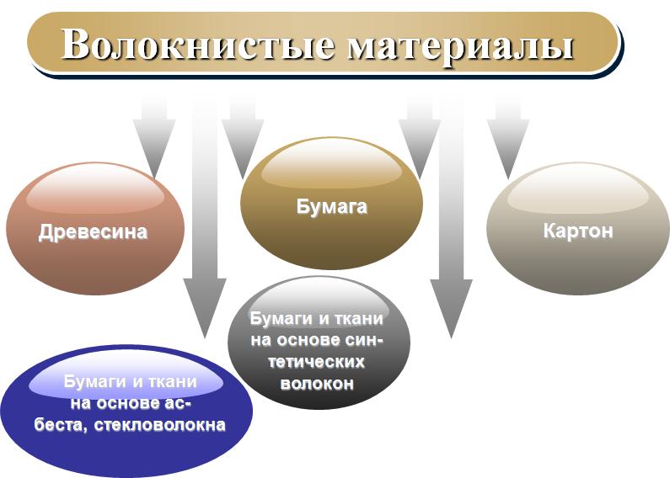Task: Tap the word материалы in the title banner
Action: (x=460, y=47)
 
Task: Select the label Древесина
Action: (x=93, y=232)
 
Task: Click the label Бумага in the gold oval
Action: (x=331, y=207)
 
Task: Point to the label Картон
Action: (x=577, y=231)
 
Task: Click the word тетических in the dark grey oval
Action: (x=317, y=362)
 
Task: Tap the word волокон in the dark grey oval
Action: (x=317, y=384)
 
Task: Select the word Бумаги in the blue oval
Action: (x=95, y=381)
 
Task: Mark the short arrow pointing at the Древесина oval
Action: (x=154, y=137)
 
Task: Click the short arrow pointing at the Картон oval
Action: (x=508, y=137)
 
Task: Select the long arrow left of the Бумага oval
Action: (x=205, y=218)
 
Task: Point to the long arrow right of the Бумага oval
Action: (x=451, y=218)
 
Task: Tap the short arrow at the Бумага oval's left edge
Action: (x=243, y=137)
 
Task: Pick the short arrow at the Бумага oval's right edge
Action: (x=420, y=137)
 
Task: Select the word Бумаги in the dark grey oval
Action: (x=281, y=319)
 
